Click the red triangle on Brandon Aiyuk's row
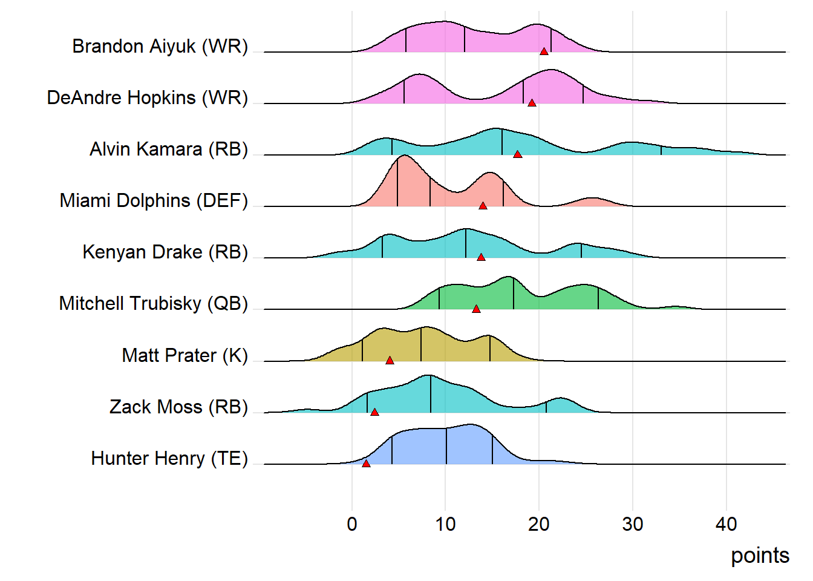point(544,51)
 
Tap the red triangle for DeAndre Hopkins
point(532,103)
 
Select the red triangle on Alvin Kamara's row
point(517,154)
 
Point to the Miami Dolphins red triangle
point(483,206)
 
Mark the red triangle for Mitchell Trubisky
point(476,309)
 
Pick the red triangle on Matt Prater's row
point(390,360)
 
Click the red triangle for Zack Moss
point(374,412)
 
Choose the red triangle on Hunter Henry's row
point(366,464)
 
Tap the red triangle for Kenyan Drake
point(481,257)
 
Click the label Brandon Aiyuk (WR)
point(160,47)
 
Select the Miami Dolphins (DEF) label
point(154,201)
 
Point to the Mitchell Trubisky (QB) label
point(154,304)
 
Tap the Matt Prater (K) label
point(184,355)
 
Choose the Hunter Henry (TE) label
point(169,459)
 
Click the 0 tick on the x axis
point(352,524)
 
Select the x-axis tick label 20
point(539,524)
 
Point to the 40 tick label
point(726,524)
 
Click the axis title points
point(760,556)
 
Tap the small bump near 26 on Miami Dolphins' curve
point(593,199)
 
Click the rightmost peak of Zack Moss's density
point(561,399)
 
